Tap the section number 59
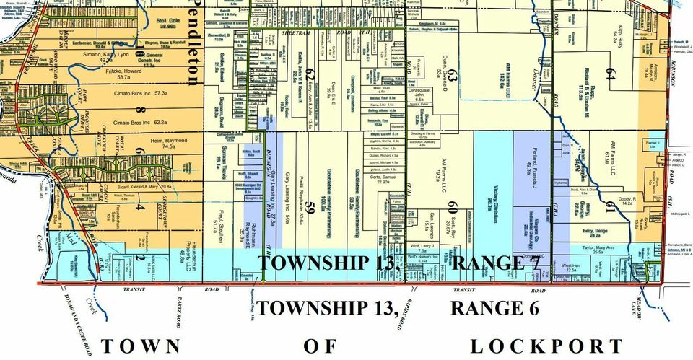pyautogui.click(x=310, y=210)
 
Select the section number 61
pyautogui.click(x=611, y=208)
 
